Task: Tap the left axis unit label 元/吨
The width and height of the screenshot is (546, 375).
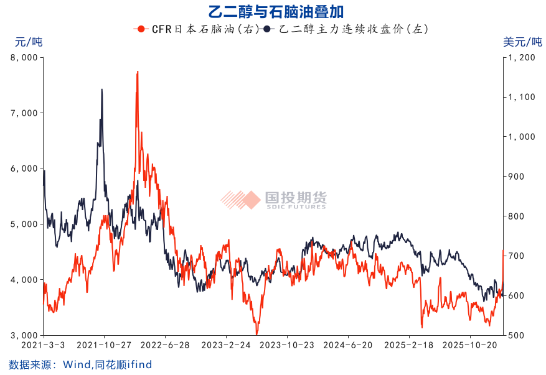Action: [29, 42]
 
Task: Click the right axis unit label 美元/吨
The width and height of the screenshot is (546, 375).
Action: [522, 42]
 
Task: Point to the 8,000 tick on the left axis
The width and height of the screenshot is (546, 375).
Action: [25, 57]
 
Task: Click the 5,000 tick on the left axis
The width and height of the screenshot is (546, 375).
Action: [25, 224]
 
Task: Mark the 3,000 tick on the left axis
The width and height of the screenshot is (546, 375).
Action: [25, 335]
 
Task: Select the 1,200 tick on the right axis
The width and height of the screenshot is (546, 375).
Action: [522, 57]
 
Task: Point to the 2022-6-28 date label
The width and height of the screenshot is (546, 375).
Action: [165, 345]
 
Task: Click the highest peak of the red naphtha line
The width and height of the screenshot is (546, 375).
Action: [138, 72]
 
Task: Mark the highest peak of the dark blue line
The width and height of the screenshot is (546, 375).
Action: [101, 90]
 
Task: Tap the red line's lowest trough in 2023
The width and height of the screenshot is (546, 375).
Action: [257, 334]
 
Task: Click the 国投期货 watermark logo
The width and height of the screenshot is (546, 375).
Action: [273, 200]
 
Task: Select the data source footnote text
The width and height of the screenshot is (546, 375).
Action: [80, 364]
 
